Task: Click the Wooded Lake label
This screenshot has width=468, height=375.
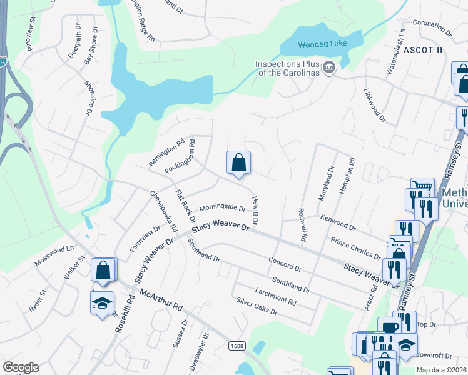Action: tap(322, 44)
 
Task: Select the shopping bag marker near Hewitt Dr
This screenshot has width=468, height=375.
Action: tap(238, 164)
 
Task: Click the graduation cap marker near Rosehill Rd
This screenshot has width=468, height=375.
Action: tap(103, 304)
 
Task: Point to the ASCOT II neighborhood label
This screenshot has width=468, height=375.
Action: tap(423, 49)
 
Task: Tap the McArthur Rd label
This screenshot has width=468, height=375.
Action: tap(161, 301)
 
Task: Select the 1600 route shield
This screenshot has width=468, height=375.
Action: tap(237, 346)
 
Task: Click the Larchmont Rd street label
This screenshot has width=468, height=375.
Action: tap(275, 296)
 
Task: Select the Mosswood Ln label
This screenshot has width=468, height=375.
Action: tap(54, 257)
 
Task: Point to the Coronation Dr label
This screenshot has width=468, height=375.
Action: tap(432, 27)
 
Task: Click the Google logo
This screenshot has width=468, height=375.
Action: tap(21, 367)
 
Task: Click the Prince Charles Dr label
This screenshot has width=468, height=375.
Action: tap(356, 248)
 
